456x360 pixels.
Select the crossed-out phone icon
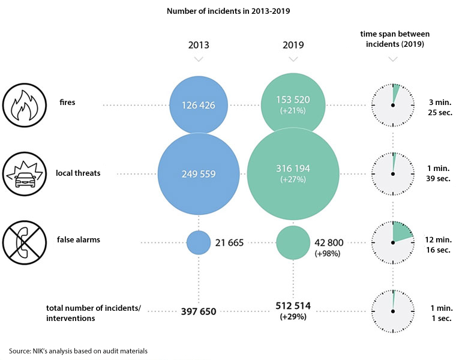click(x=25, y=242)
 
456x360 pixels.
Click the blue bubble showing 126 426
click(x=199, y=105)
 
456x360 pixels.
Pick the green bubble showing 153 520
click(x=293, y=105)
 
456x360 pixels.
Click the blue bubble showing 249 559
click(x=199, y=174)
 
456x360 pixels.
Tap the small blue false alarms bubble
click(x=199, y=242)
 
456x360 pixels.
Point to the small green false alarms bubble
click(x=293, y=242)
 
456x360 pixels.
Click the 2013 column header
click(x=199, y=44)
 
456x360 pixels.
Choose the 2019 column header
click(x=293, y=44)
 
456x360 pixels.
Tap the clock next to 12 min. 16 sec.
click(x=393, y=242)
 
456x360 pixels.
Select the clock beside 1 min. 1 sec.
click(x=393, y=311)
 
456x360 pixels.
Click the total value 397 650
click(x=199, y=311)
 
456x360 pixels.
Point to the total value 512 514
click(x=293, y=306)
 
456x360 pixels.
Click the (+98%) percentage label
click(x=328, y=254)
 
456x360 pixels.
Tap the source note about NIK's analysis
click(x=78, y=350)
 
